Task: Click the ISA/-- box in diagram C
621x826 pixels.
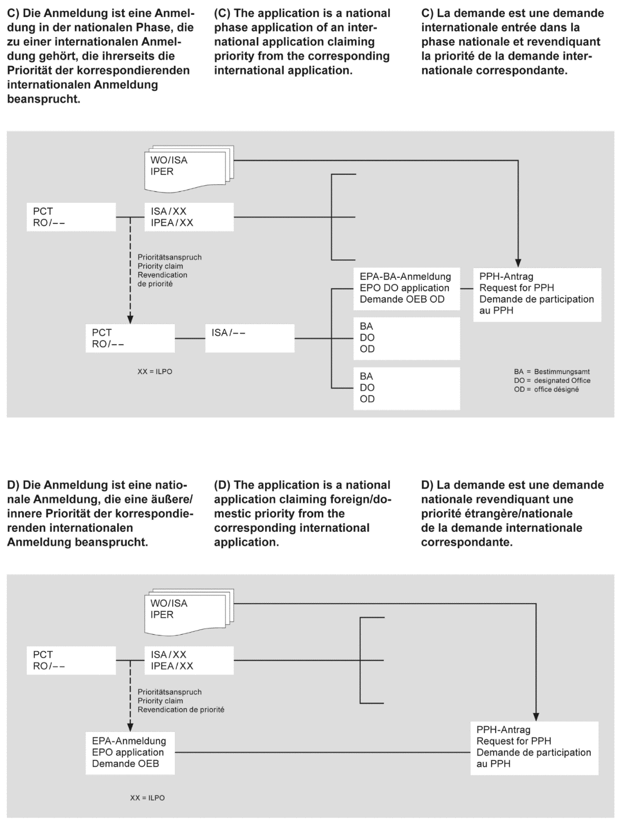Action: click(x=249, y=338)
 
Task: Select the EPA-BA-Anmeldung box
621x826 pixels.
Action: click(x=406, y=288)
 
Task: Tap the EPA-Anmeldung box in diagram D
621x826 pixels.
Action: click(x=130, y=752)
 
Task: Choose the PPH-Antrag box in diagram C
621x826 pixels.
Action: click(x=537, y=294)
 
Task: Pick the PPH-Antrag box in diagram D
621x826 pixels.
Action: click(x=534, y=747)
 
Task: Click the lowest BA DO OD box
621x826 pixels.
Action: click(x=406, y=388)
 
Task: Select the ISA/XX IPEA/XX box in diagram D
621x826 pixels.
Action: click(x=189, y=660)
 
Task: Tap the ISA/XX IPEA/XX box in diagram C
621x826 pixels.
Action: click(x=189, y=217)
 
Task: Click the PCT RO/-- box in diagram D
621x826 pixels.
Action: click(x=71, y=660)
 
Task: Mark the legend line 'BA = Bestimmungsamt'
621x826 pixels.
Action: click(x=552, y=372)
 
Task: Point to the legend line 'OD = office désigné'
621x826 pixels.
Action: click(x=546, y=390)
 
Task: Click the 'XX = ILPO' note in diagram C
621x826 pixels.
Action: click(x=155, y=372)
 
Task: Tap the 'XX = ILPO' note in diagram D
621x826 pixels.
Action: click(x=147, y=798)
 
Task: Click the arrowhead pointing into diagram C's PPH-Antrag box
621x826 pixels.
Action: click(x=518, y=262)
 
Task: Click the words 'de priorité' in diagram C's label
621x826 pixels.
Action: click(x=155, y=284)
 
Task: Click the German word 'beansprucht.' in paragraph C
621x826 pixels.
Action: click(x=44, y=99)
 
